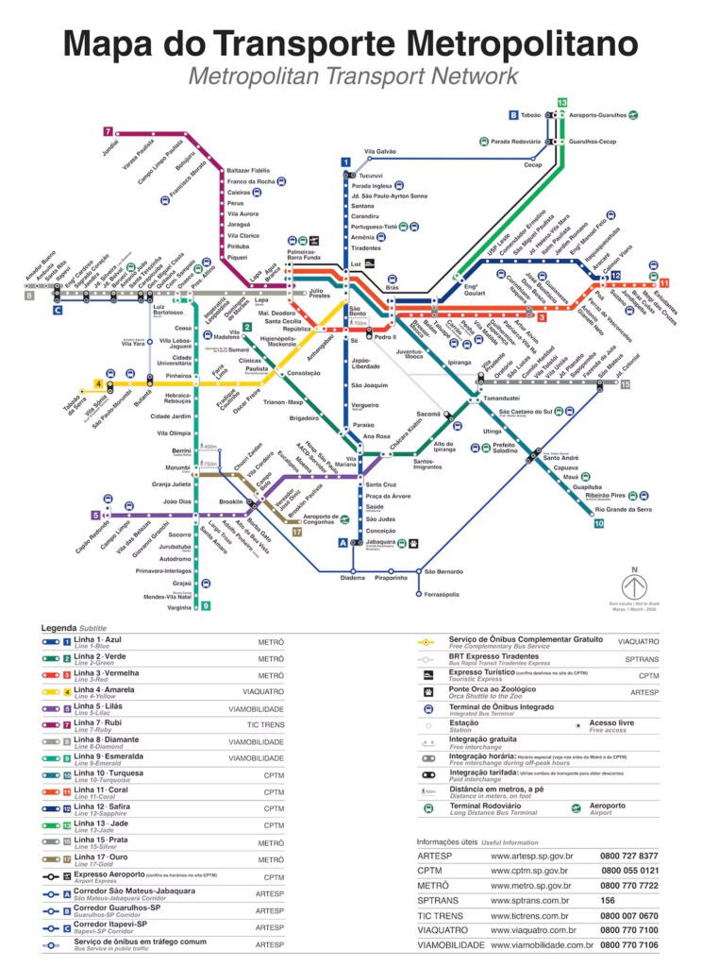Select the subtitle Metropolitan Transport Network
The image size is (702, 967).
coord(352,76)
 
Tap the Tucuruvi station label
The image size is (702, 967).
coord(371,176)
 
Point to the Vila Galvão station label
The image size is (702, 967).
coord(380,151)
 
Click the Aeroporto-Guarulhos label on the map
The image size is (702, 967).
coord(598,115)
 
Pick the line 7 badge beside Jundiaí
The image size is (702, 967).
coord(109,131)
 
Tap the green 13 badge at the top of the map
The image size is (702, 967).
coord(562,102)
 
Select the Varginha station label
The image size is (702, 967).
coord(178,607)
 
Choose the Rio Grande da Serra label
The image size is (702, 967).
coord(624,509)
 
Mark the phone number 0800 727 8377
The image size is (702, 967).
coord(629,856)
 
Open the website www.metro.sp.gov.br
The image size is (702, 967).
coord(530,886)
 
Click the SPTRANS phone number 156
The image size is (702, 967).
coord(609,901)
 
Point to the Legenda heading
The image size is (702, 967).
coord(58,627)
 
